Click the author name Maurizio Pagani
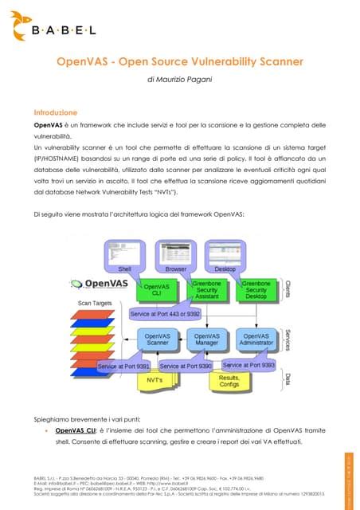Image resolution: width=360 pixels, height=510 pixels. click(179, 81)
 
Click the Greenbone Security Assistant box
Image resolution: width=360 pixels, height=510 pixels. click(209, 290)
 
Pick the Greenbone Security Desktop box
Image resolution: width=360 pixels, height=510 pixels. click(258, 290)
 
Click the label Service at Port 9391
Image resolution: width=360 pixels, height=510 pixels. click(123, 366)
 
